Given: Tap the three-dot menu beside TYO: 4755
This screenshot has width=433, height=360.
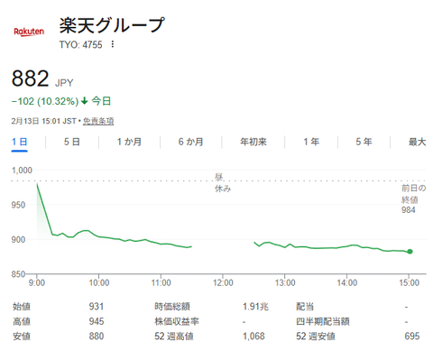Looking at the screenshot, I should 113,43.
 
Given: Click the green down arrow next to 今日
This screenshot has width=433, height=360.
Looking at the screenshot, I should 84,101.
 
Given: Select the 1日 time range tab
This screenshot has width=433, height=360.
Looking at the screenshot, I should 20,142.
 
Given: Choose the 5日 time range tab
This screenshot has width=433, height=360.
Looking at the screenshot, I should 72,142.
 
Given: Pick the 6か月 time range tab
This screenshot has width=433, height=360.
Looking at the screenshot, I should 190,142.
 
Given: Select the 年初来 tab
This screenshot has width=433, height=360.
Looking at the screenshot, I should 252,142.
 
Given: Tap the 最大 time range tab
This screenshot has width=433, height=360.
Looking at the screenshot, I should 416,142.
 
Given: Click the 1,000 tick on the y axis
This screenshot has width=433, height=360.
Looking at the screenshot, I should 23,170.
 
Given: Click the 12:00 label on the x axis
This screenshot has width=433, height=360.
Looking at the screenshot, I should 223,282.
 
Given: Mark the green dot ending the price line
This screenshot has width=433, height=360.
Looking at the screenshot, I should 410,252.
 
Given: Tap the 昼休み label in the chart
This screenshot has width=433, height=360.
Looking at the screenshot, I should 222,182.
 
